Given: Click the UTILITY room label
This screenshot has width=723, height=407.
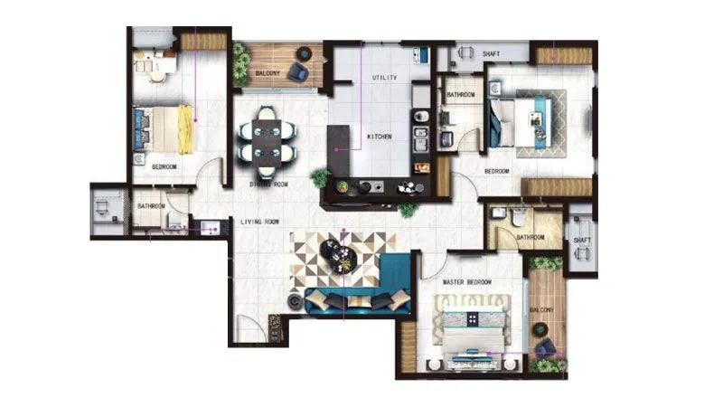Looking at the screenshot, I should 385,79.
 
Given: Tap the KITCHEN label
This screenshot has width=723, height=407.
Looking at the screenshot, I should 380,137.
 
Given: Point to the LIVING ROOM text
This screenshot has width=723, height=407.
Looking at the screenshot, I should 259,222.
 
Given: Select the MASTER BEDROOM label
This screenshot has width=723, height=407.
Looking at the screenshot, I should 467,283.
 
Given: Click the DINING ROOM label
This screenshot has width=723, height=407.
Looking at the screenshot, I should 268,185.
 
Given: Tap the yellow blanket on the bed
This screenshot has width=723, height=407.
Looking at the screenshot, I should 185,129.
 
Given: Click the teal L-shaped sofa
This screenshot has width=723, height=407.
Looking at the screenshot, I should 361,294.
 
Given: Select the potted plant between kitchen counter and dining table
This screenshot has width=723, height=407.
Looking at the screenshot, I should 320,178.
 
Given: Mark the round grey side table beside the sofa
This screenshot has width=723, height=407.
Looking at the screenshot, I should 296,301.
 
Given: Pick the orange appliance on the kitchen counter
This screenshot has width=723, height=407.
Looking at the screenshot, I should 420,167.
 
